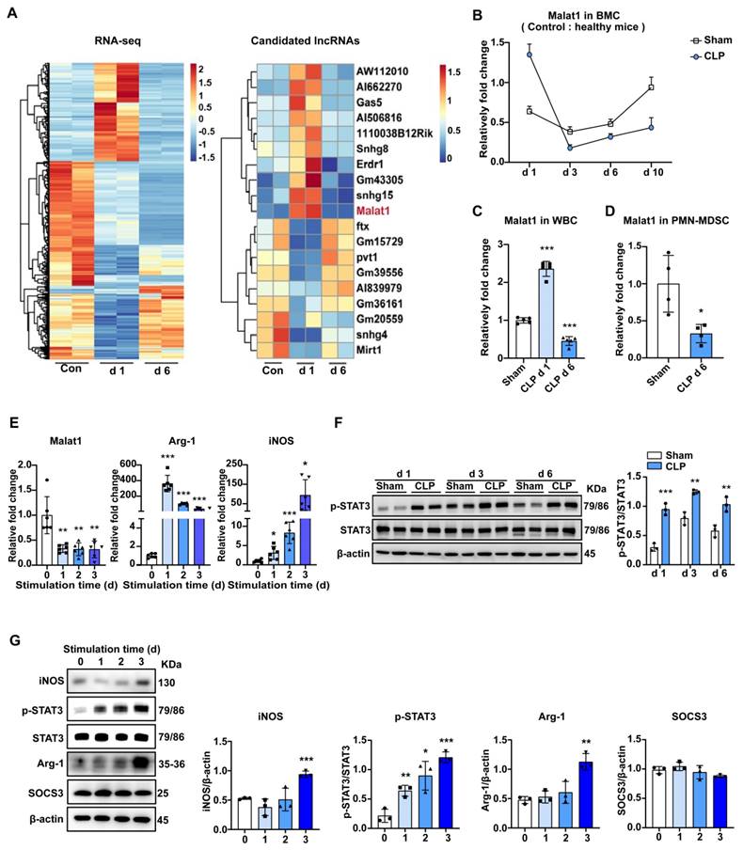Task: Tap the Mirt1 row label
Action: [x=372, y=358]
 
